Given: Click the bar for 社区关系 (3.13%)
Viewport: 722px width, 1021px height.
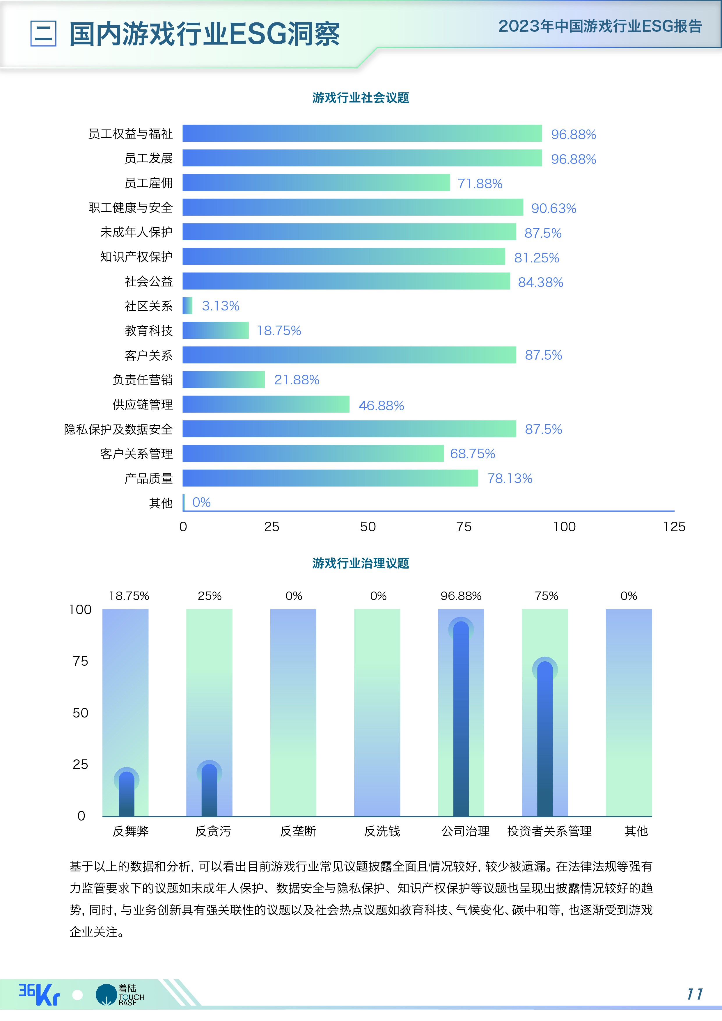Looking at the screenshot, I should click(x=187, y=306).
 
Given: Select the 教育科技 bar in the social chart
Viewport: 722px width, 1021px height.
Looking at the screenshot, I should click(x=215, y=330).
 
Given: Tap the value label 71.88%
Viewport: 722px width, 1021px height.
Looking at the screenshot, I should click(x=480, y=184).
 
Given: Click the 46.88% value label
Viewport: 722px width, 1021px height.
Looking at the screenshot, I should click(x=381, y=406).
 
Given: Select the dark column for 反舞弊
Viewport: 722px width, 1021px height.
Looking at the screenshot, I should click(x=126, y=796).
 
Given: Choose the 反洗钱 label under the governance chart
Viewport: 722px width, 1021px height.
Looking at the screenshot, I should click(x=382, y=831).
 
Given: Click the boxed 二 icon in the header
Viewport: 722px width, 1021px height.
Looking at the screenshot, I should click(x=43, y=33).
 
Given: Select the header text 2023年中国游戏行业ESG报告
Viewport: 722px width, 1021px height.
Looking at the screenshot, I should click(x=600, y=26).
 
